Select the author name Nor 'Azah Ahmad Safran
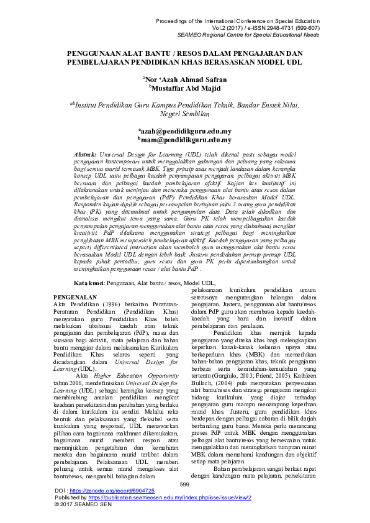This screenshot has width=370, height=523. click(185, 80)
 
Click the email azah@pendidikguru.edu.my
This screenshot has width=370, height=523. click(185, 132)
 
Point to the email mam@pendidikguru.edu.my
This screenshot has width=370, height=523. click(185, 140)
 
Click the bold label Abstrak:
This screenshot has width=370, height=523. click(85, 153)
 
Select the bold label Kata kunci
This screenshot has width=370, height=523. click(88, 283)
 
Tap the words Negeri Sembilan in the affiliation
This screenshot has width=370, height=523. click(185, 114)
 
